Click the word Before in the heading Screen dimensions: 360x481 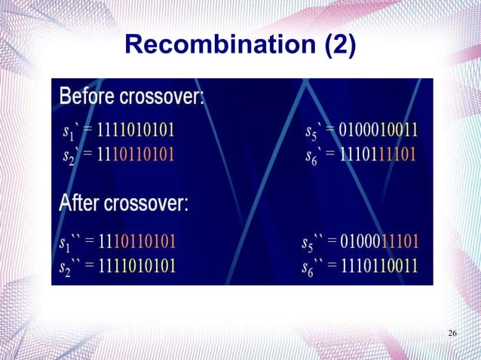91,97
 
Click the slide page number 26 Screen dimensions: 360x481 452,334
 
